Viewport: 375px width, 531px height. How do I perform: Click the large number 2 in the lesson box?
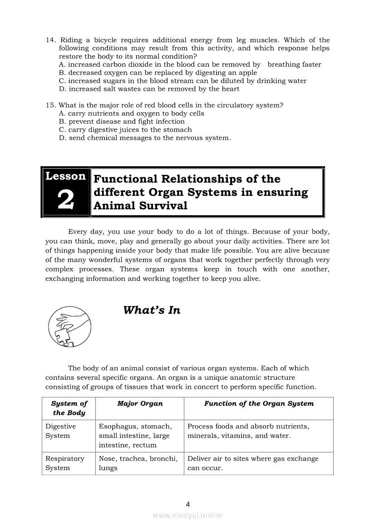click(65, 200)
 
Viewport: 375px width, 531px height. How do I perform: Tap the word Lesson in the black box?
click(65, 176)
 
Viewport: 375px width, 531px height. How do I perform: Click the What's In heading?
click(152, 310)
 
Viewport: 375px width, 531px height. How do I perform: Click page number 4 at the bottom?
click(187, 504)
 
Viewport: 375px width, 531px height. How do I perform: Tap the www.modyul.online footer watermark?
click(187, 515)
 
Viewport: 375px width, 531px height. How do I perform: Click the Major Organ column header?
click(140, 403)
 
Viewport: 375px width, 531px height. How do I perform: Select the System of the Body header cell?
click(69, 408)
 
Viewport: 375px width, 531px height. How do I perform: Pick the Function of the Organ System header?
click(259, 403)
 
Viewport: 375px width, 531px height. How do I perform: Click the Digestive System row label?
click(61, 431)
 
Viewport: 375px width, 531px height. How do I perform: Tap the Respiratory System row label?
click(64, 463)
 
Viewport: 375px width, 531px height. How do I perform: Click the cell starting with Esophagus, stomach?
click(135, 436)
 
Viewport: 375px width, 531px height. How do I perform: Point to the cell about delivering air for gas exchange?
click(253, 463)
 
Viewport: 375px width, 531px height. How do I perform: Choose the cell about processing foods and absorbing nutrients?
click(248, 431)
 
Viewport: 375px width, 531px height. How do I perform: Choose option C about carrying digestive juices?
click(125, 129)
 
